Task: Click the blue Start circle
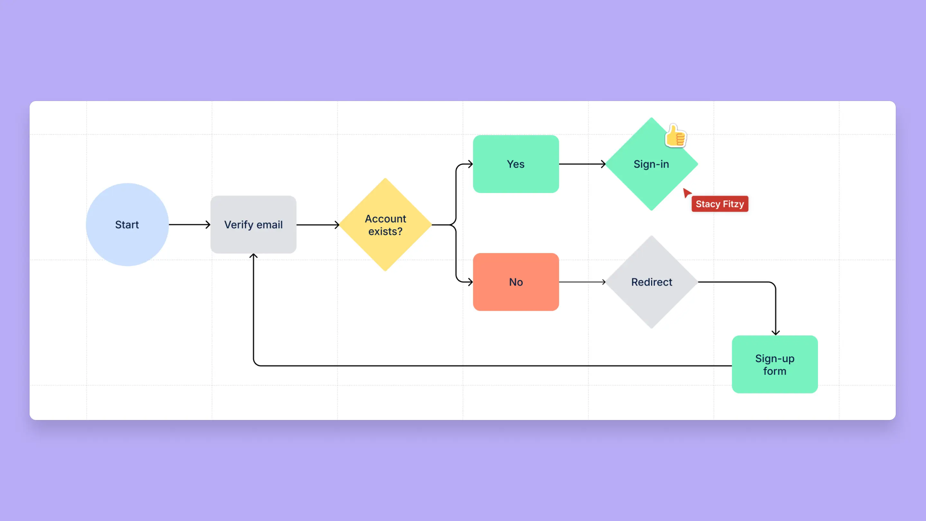pyautogui.click(x=127, y=225)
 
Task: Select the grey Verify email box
pyautogui.click(x=253, y=225)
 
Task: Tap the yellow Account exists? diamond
pyautogui.click(x=386, y=225)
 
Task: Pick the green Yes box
pyautogui.click(x=516, y=164)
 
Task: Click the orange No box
pyautogui.click(x=516, y=282)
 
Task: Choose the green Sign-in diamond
pyautogui.click(x=651, y=164)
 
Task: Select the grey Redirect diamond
pyautogui.click(x=651, y=282)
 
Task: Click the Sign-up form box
pyautogui.click(x=775, y=364)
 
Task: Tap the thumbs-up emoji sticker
pyautogui.click(x=676, y=135)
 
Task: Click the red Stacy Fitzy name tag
pyautogui.click(x=720, y=204)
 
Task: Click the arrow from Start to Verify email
pyautogui.click(x=189, y=225)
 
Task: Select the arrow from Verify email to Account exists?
pyautogui.click(x=318, y=225)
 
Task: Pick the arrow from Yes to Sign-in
pyautogui.click(x=582, y=164)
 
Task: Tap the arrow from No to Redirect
pyautogui.click(x=582, y=282)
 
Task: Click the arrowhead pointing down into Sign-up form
pyautogui.click(x=776, y=333)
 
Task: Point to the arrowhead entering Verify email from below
pyautogui.click(x=253, y=256)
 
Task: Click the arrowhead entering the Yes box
pyautogui.click(x=470, y=164)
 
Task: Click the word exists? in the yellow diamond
pyautogui.click(x=386, y=231)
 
